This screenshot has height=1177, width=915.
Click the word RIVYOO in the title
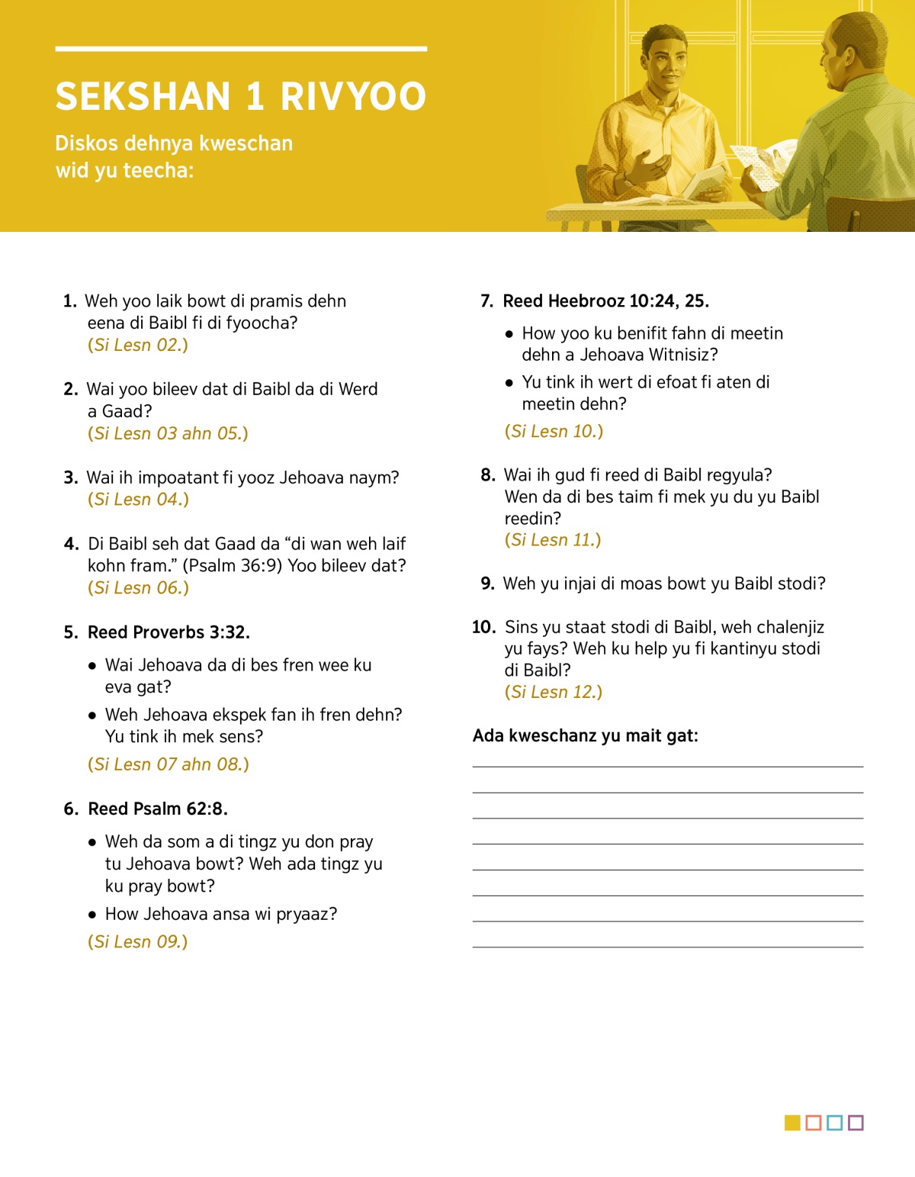point(353,97)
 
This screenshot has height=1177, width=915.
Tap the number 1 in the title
point(255,97)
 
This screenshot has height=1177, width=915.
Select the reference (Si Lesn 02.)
point(138,345)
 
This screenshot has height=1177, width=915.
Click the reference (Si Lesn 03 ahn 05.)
point(168,433)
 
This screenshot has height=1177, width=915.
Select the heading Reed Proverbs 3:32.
point(169,632)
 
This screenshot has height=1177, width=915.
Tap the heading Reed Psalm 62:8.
point(158,809)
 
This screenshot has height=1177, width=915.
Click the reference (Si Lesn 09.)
point(138,941)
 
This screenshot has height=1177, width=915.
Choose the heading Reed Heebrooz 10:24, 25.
point(605,301)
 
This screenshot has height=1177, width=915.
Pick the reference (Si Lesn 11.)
point(553,540)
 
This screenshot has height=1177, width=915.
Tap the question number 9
point(487,584)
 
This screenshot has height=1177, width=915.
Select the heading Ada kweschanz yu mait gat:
point(585,735)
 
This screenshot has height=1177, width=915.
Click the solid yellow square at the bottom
point(792,1122)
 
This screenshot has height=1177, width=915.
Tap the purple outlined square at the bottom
point(856,1122)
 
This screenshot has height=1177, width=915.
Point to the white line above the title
point(241,49)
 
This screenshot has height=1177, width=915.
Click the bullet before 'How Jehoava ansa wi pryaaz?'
point(92,914)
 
